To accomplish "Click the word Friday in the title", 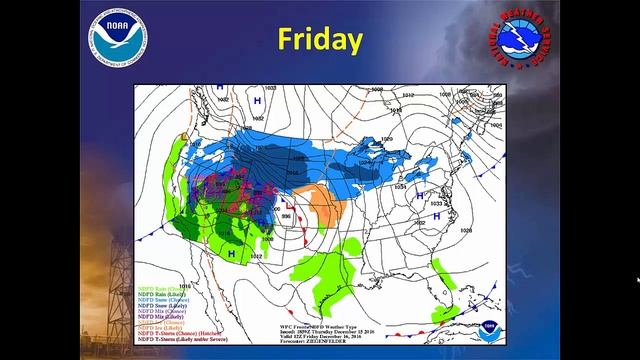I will (x=320, y=40).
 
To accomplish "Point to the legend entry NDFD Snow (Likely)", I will (x=160, y=304).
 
